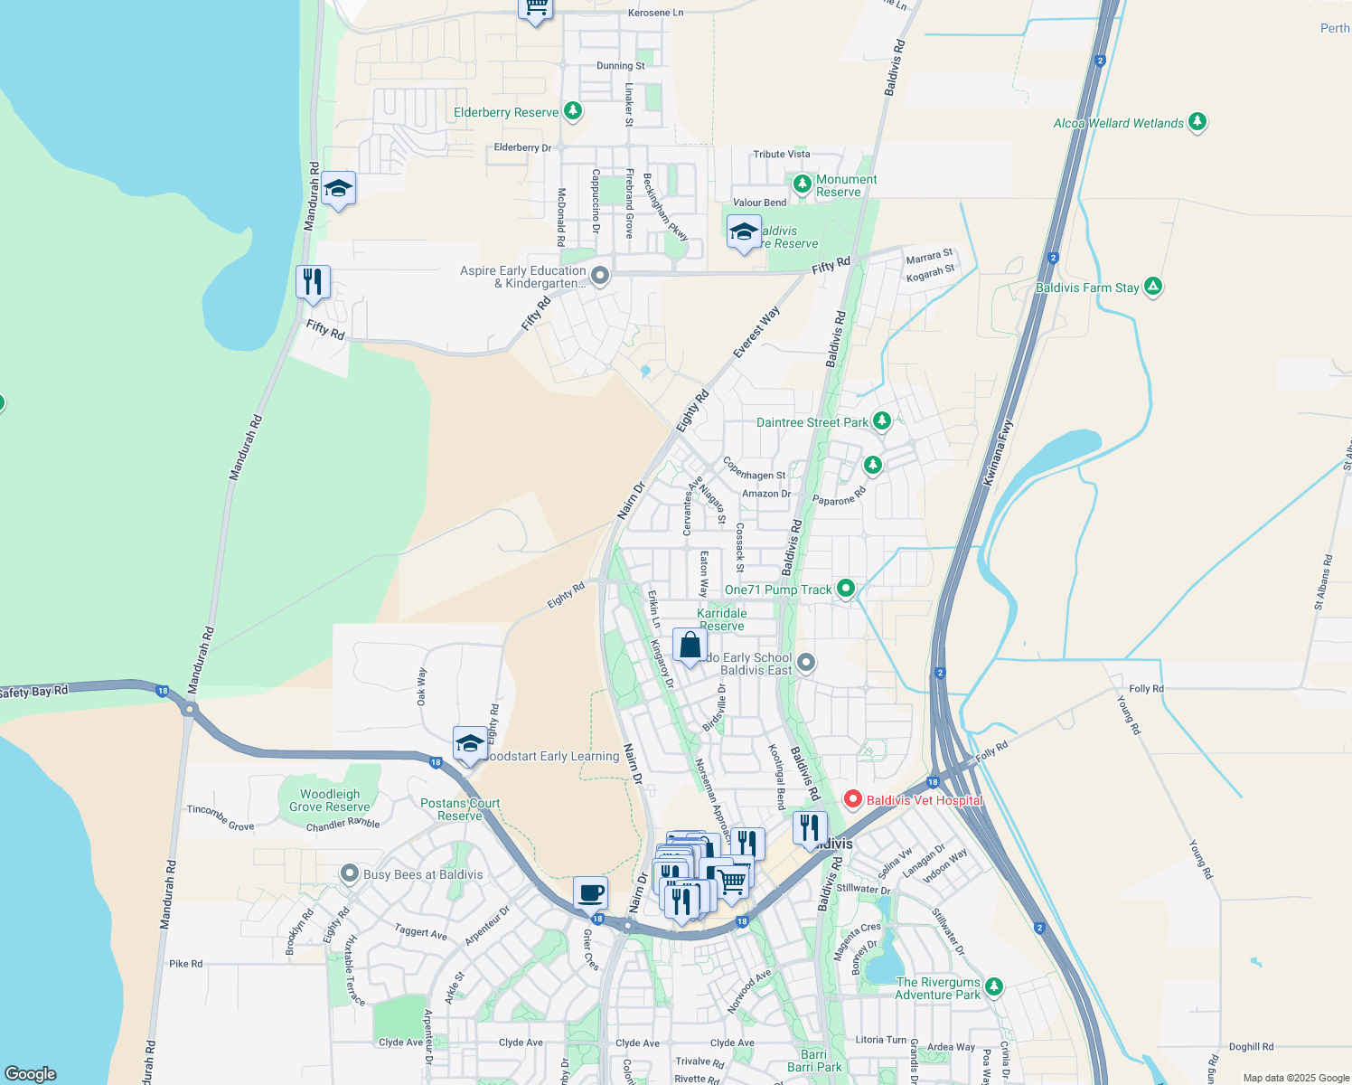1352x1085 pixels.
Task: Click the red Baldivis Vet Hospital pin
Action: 851,799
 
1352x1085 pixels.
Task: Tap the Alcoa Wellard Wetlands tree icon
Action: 1197,121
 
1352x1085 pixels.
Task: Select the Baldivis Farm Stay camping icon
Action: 1152,287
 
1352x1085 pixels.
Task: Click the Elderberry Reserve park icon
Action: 572,111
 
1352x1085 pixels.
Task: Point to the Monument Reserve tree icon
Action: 802,184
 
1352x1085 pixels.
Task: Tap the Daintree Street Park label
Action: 812,422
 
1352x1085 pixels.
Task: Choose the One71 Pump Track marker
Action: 845,589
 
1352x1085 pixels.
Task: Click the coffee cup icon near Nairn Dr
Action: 590,892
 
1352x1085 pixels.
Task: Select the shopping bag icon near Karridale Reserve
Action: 690,646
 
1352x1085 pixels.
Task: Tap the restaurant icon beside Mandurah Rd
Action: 313,281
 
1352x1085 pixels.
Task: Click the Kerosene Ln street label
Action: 655,13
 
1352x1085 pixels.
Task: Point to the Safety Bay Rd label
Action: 34,693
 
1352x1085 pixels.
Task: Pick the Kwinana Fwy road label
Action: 999,452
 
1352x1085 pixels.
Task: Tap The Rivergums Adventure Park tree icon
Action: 994,986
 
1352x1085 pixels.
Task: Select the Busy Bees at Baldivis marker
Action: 350,873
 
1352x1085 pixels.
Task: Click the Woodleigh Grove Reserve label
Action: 329,800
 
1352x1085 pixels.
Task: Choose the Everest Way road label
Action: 756,332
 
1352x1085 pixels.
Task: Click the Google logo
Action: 30,1074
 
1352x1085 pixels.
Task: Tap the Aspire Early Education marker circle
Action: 599,275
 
